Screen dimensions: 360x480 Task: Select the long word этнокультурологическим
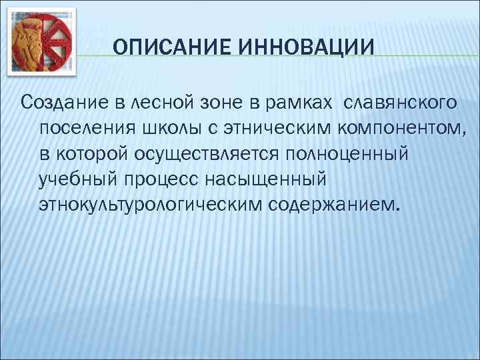pyautogui.click(x=150, y=203)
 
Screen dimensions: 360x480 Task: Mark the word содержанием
pyautogui.click(x=333, y=203)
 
